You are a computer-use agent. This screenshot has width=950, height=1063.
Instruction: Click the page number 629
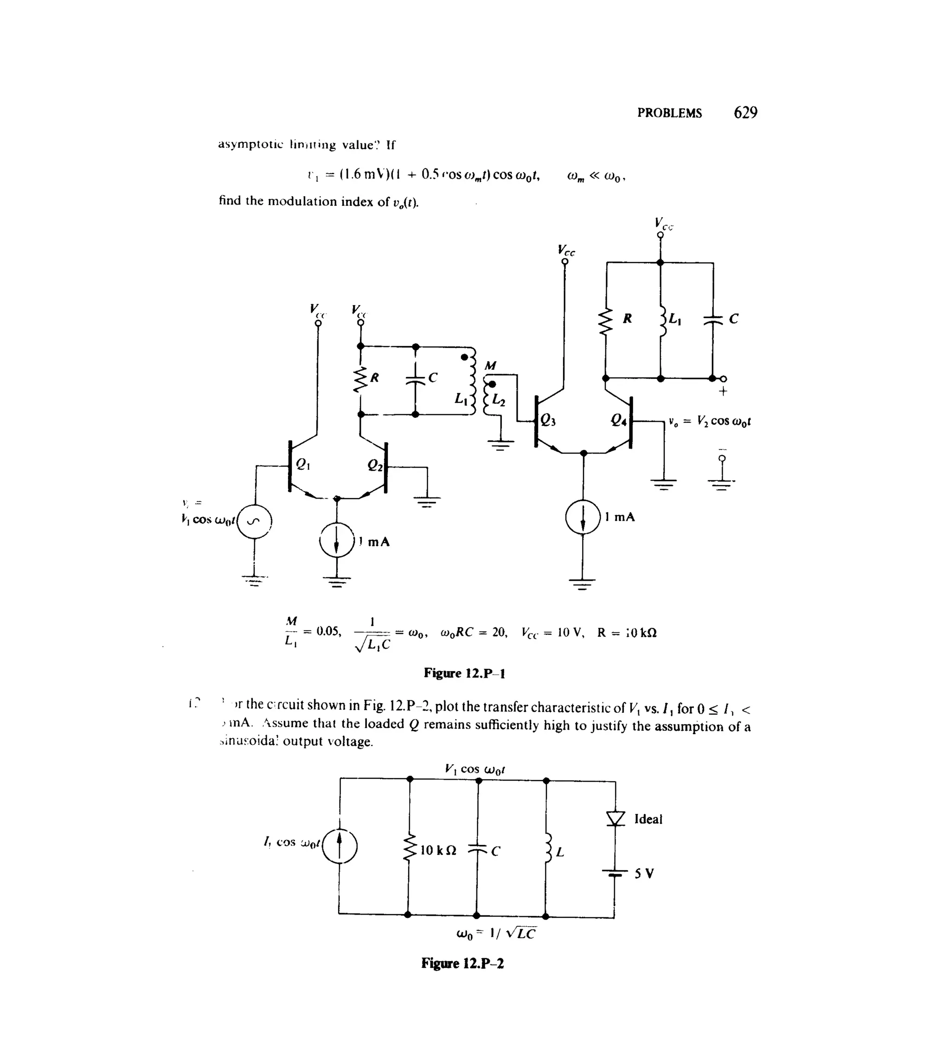745,112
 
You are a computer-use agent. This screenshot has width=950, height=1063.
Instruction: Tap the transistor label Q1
303,463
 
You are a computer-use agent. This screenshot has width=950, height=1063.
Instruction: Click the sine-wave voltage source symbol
255,521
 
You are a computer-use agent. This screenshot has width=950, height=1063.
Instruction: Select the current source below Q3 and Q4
583,517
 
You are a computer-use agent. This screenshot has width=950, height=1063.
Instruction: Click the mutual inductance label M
490,365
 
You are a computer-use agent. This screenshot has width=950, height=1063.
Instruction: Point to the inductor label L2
499,401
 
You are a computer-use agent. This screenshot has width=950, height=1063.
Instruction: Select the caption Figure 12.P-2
462,963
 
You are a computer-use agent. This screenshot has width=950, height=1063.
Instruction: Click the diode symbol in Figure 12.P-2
616,818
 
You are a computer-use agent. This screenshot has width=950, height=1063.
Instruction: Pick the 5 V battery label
644,873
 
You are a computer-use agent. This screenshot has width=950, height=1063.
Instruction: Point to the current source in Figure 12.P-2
340,847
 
